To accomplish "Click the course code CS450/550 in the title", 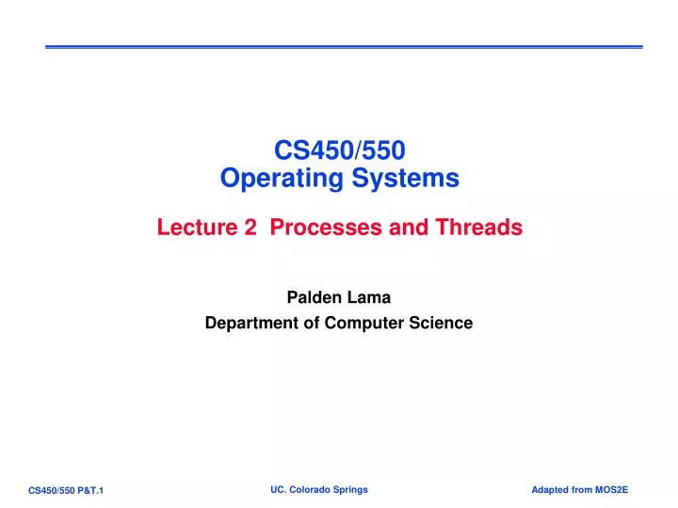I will (339, 149).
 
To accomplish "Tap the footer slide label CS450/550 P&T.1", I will (66, 491).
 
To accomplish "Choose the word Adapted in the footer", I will (551, 490).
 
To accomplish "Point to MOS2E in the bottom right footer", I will (610, 490).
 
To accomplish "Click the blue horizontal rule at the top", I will (344, 47).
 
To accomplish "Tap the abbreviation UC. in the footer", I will (278, 490).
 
